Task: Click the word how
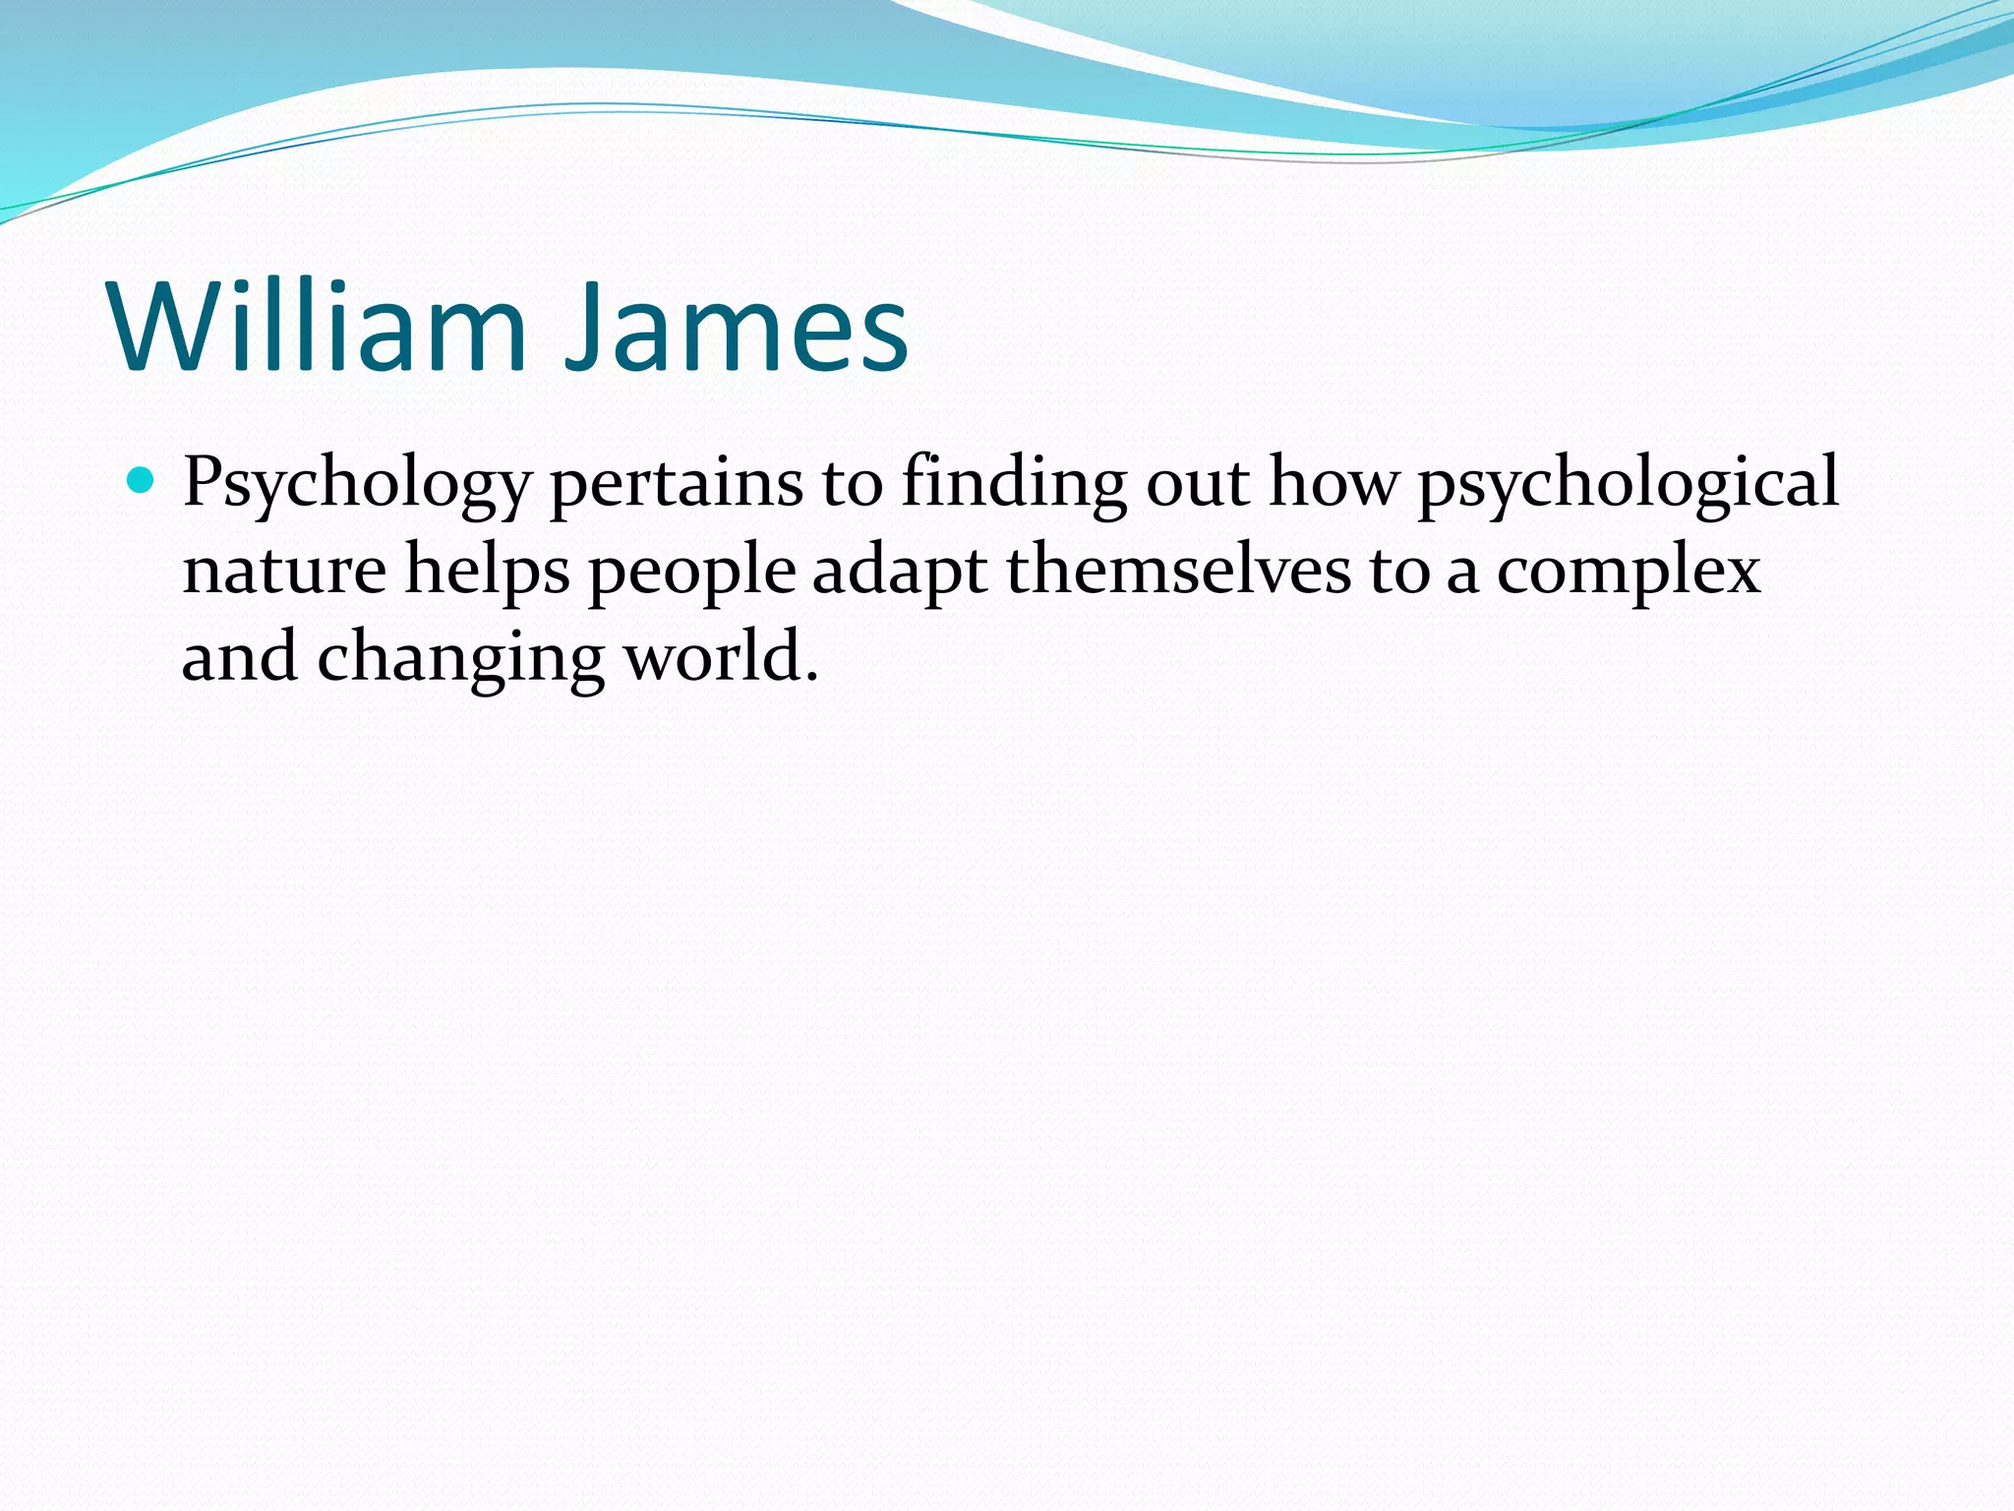coord(1333,484)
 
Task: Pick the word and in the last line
coord(239,657)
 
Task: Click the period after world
coord(811,677)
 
